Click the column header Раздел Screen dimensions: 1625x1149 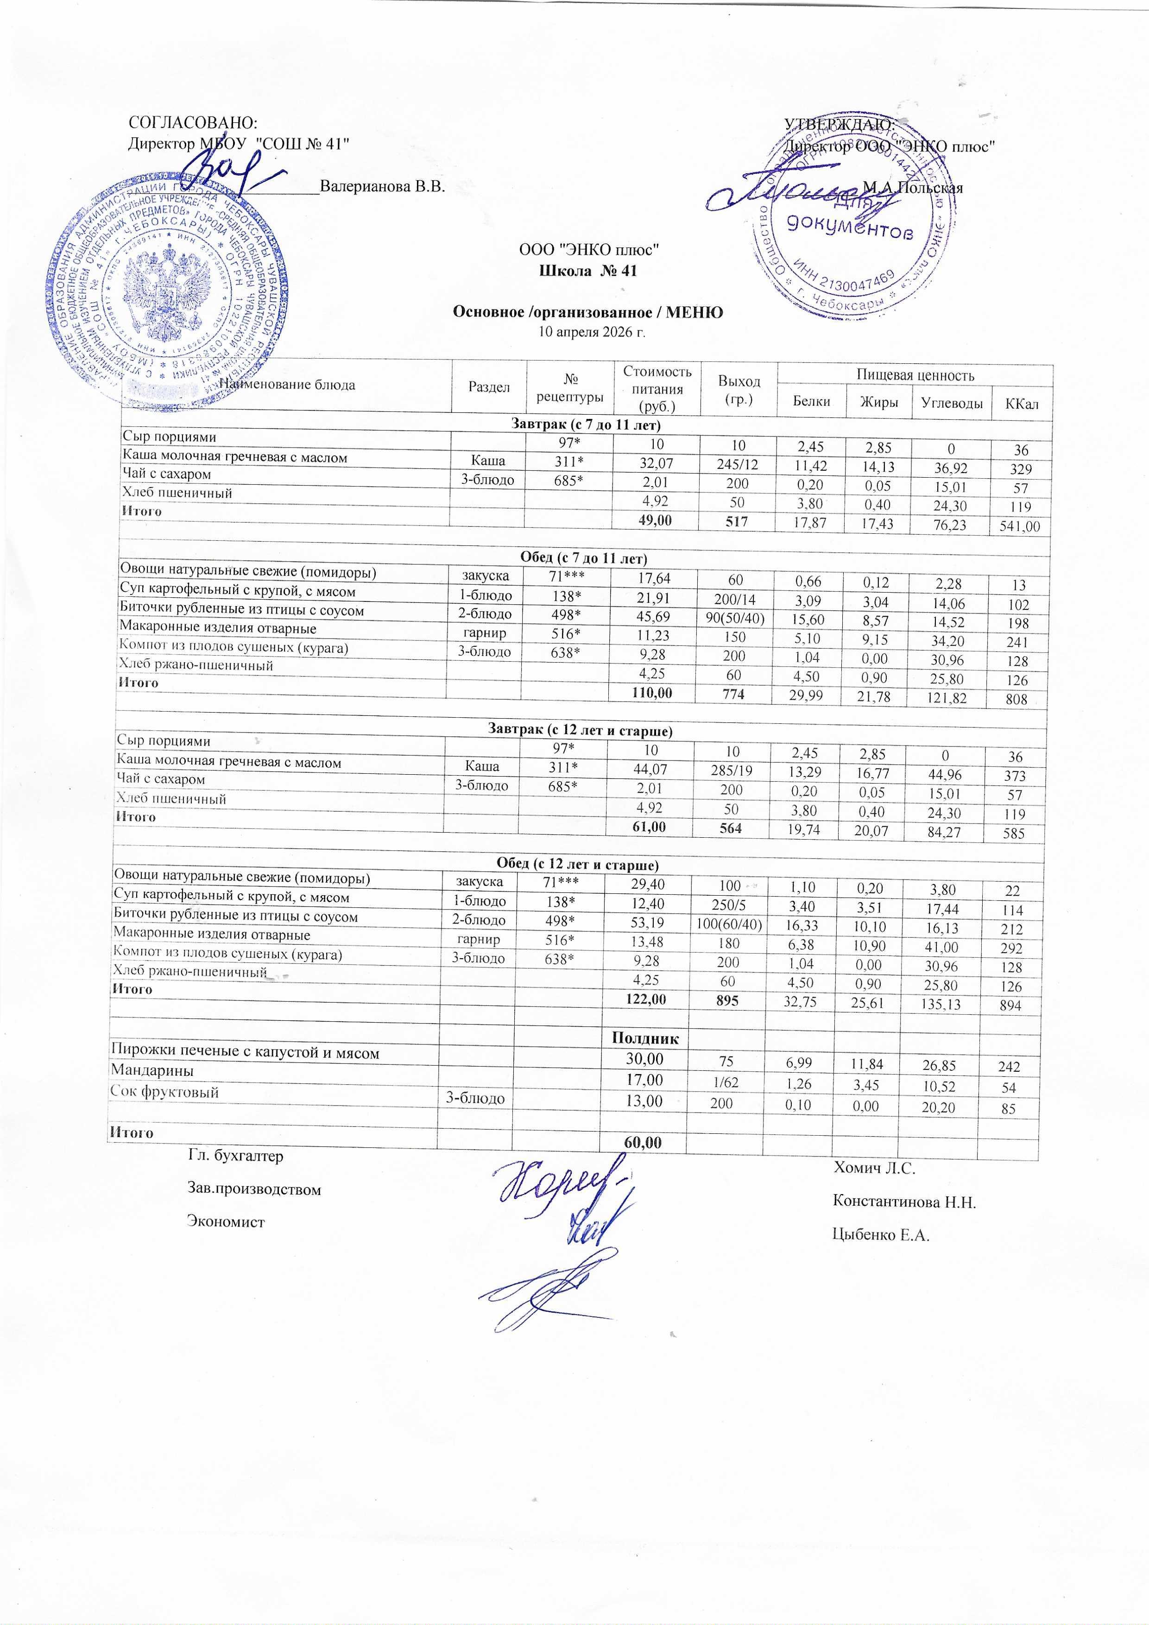489,387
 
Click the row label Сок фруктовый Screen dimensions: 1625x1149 164,1091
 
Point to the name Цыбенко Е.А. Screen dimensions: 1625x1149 881,1236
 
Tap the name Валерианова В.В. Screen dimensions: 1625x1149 382,188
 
